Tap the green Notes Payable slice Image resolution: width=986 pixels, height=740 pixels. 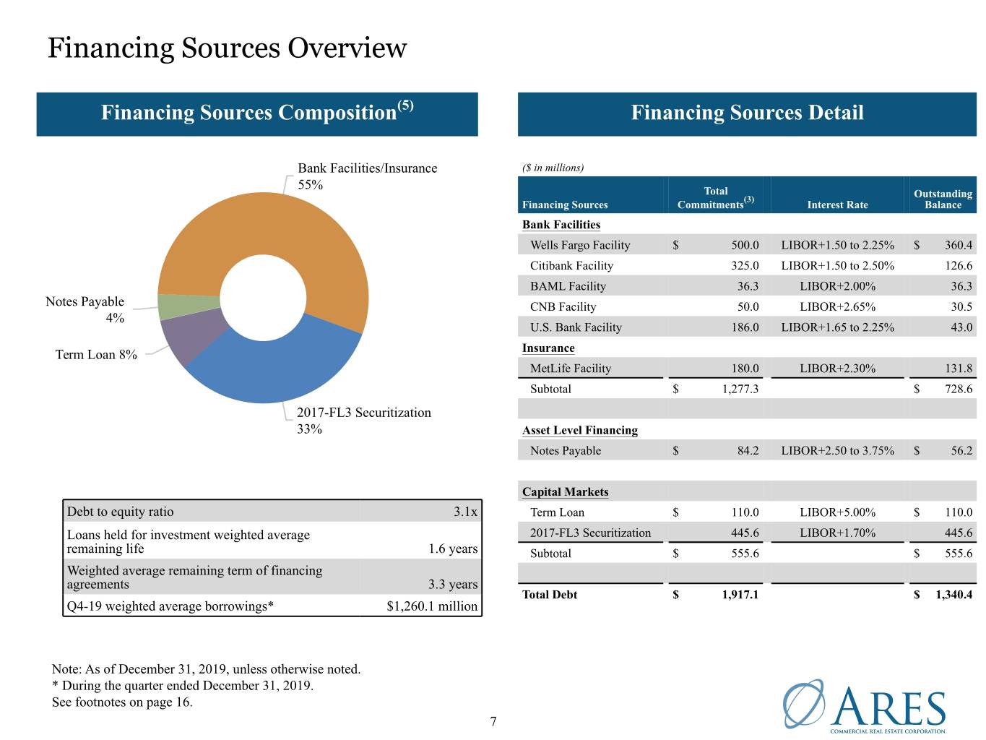point(189,306)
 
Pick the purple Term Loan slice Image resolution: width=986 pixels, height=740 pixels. point(193,337)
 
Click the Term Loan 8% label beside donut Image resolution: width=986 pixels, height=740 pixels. point(95,355)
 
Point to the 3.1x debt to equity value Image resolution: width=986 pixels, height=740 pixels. point(465,512)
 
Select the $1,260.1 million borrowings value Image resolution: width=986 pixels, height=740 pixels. point(432,606)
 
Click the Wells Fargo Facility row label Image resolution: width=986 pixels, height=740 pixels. point(580,245)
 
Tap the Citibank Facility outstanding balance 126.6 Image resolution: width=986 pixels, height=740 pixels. point(958,265)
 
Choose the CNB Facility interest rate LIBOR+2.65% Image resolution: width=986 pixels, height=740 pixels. point(837,307)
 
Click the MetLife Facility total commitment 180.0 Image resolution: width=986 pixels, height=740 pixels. point(745,369)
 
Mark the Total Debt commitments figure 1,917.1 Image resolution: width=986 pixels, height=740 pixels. point(740,595)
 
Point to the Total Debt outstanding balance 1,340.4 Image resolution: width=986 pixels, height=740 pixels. point(953,595)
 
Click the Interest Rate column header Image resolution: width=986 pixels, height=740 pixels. point(837,205)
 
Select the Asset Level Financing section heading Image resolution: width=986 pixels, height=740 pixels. point(579,430)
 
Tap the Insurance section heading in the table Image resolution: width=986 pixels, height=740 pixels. point(548,348)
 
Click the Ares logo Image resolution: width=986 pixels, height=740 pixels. point(864,707)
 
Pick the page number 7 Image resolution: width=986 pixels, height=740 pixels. point(493,722)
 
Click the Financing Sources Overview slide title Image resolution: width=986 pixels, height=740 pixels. point(227,48)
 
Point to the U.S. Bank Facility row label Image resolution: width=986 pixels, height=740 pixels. point(576,327)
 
